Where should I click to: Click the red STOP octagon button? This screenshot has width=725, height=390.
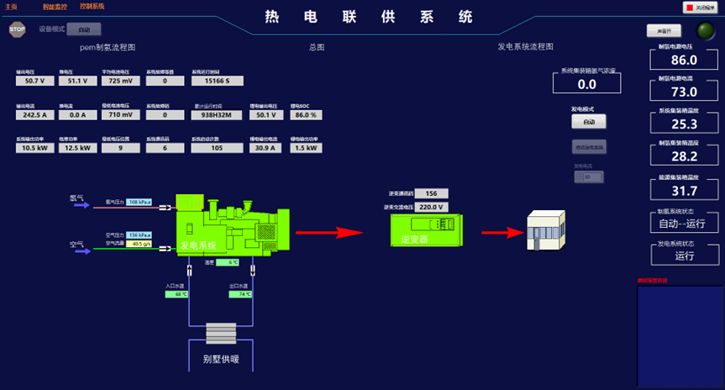click(x=17, y=29)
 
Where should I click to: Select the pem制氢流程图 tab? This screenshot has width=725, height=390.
click(x=108, y=48)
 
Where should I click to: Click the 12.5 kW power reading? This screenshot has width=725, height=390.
click(x=78, y=148)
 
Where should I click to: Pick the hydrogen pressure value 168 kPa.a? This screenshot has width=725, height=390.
click(x=139, y=203)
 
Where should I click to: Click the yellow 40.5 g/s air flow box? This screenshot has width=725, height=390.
click(x=139, y=244)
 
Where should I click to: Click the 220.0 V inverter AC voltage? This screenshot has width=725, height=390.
click(x=431, y=207)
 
